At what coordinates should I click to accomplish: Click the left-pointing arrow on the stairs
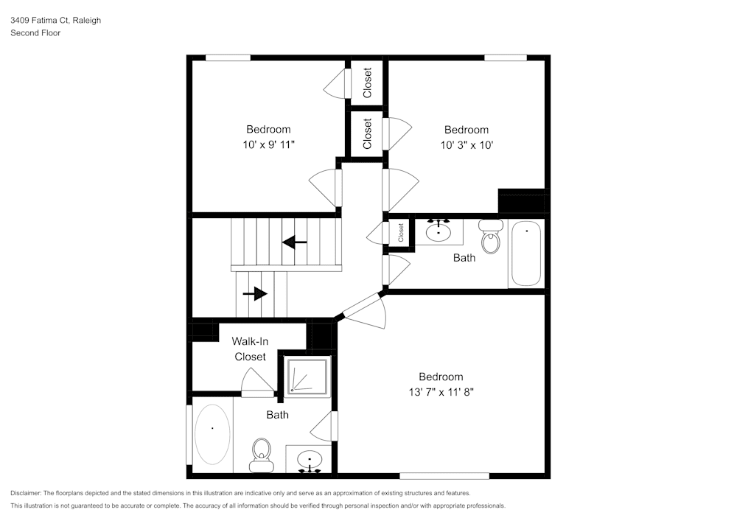tap(295, 242)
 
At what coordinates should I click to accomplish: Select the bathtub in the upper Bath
tap(525, 253)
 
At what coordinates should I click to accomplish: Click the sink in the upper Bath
tap(439, 231)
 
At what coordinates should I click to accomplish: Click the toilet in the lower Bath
tap(261, 454)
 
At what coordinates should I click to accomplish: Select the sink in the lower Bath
tap(310, 460)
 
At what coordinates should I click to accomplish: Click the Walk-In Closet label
tap(250, 349)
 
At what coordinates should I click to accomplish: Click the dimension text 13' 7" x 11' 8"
tap(441, 392)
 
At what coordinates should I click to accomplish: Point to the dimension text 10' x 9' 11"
tap(268, 145)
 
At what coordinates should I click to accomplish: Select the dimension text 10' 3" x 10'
tap(466, 145)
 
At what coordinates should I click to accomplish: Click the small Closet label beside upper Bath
tap(402, 233)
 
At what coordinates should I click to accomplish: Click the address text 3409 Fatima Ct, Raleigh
tap(55, 21)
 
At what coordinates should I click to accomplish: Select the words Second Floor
tap(35, 33)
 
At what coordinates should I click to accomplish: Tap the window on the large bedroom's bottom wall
tap(444, 475)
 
